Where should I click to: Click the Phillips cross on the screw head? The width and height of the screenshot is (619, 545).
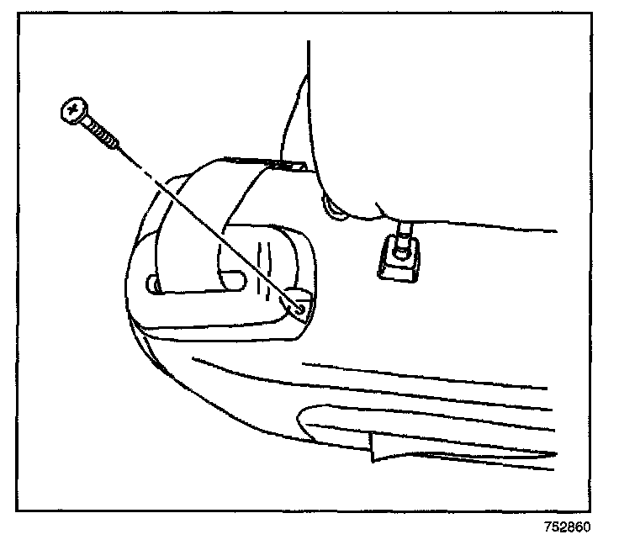(x=73, y=108)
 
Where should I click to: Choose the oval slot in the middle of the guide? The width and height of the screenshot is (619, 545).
(x=235, y=279)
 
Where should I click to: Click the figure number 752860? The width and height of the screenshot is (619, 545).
(x=567, y=528)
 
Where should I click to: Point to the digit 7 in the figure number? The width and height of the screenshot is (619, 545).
(x=548, y=528)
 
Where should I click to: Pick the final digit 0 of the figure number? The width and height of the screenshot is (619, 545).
(x=587, y=528)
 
